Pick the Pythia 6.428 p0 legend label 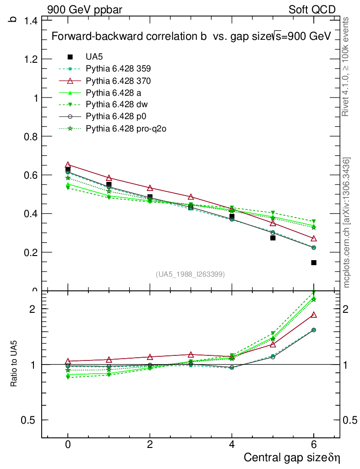[116, 117]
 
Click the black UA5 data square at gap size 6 [314, 262]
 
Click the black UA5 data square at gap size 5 [273, 238]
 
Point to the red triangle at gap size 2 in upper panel [150, 188]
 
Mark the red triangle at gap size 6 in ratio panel [314, 315]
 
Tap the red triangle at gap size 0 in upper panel [68, 164]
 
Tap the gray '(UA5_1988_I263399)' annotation [191, 274]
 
